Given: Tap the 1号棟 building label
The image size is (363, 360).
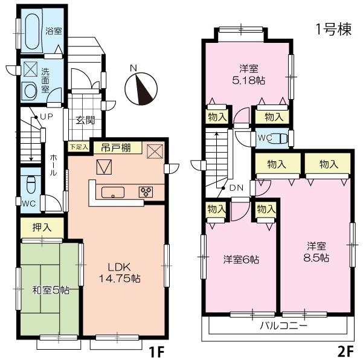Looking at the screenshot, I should pyautogui.click(x=333, y=29).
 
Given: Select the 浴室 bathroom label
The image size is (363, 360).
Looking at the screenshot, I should pyautogui.click(x=54, y=32).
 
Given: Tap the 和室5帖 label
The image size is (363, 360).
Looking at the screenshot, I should pyautogui.click(x=51, y=290).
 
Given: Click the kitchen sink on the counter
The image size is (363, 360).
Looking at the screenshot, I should pyautogui.click(x=113, y=193).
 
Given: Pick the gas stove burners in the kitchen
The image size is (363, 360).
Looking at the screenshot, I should pyautogui.click(x=147, y=192).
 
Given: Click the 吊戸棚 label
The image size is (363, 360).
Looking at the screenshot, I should pyautogui.click(x=114, y=147).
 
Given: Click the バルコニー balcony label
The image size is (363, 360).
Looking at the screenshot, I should pyautogui.click(x=283, y=325).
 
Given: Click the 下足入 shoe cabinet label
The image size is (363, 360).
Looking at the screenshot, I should pyautogui.click(x=79, y=147).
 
